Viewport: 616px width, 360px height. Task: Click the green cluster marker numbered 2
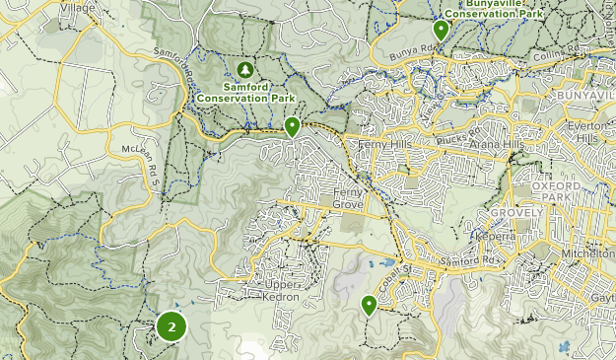(x=171, y=326)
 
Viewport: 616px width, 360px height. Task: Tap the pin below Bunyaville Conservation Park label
(x=442, y=31)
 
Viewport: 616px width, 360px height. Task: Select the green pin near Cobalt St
(x=369, y=305)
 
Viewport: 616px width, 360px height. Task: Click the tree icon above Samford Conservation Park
(x=245, y=71)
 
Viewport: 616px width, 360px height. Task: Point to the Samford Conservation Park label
(x=245, y=92)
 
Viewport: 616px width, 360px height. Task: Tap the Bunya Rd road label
(x=412, y=49)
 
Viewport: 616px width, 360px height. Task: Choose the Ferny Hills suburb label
(x=384, y=145)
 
